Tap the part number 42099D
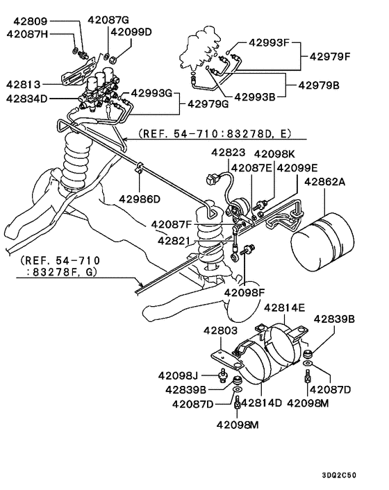131,33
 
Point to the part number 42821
173,241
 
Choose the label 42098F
245,292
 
